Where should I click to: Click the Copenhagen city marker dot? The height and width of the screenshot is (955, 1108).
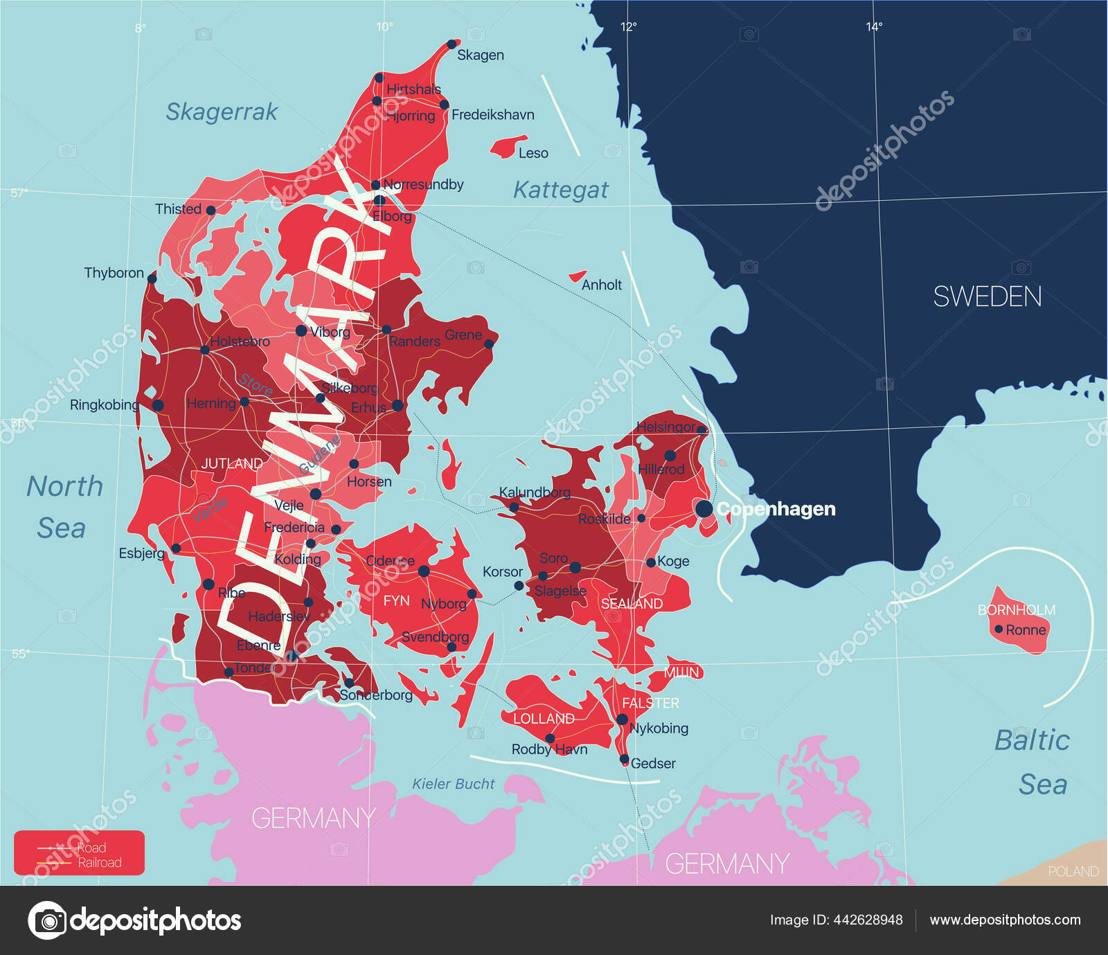pyautogui.click(x=704, y=509)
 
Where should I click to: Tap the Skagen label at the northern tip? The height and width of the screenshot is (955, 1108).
pyautogui.click(x=480, y=55)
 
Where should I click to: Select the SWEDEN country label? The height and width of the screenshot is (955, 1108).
pyautogui.click(x=987, y=297)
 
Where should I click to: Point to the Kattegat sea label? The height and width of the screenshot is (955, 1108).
pyautogui.click(x=560, y=190)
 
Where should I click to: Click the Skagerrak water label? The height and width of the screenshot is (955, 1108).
pyautogui.click(x=222, y=111)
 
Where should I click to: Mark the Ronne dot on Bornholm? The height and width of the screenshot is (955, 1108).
pyautogui.click(x=999, y=630)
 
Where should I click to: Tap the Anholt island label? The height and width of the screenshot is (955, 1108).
pyautogui.click(x=601, y=285)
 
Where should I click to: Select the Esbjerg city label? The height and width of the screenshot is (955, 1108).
pyautogui.click(x=141, y=553)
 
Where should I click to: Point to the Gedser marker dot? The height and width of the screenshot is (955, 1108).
pyautogui.click(x=624, y=759)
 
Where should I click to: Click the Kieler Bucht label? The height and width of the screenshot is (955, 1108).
pyautogui.click(x=454, y=784)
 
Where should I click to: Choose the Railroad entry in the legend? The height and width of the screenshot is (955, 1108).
pyautogui.click(x=99, y=863)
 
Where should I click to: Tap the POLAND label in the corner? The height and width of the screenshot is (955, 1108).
pyautogui.click(x=1073, y=871)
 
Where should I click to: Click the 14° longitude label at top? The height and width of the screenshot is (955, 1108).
pyautogui.click(x=874, y=27)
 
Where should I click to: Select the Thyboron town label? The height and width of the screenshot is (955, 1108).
pyautogui.click(x=114, y=273)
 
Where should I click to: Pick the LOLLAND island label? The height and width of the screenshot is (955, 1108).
pyautogui.click(x=544, y=719)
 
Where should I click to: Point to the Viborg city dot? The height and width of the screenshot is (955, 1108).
pyautogui.click(x=301, y=331)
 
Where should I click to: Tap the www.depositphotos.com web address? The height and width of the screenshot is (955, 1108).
pyautogui.click(x=1005, y=920)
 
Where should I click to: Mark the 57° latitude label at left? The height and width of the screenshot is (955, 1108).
pyautogui.click(x=19, y=193)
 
